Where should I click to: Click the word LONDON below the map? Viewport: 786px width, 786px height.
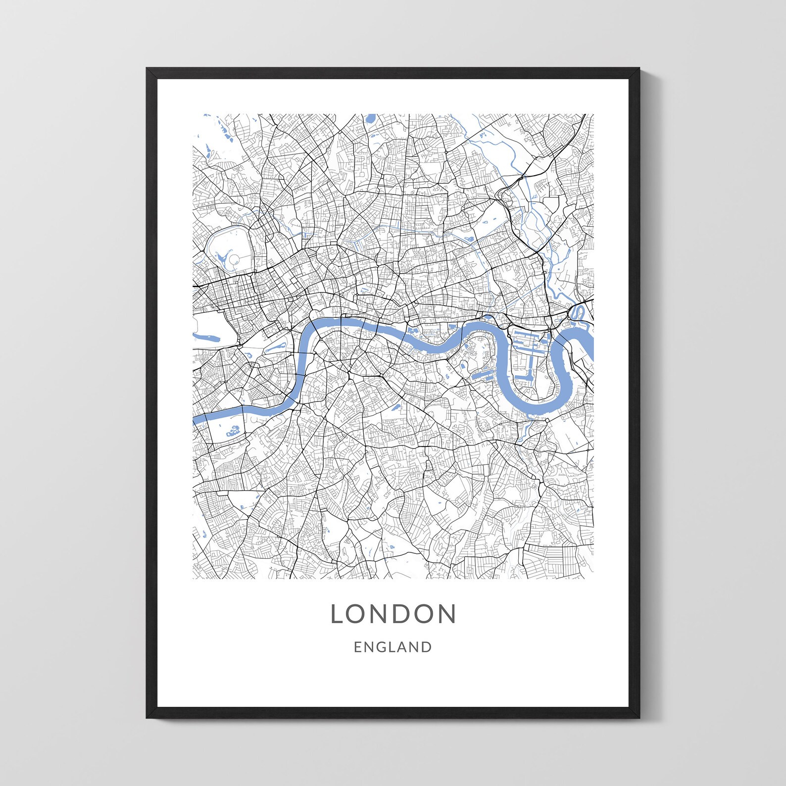click(393, 614)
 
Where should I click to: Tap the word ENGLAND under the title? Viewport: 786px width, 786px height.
click(393, 647)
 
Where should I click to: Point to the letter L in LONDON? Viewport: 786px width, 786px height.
click(338, 614)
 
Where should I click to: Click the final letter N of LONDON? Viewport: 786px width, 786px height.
click(447, 614)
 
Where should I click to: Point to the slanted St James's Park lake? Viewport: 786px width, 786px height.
click(276, 346)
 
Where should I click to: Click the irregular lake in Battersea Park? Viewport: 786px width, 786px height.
click(233, 430)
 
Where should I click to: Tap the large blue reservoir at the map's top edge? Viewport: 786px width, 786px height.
click(370, 119)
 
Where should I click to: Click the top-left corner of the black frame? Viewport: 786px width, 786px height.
click(147, 69)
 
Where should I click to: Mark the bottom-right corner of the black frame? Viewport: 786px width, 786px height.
click(639, 718)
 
